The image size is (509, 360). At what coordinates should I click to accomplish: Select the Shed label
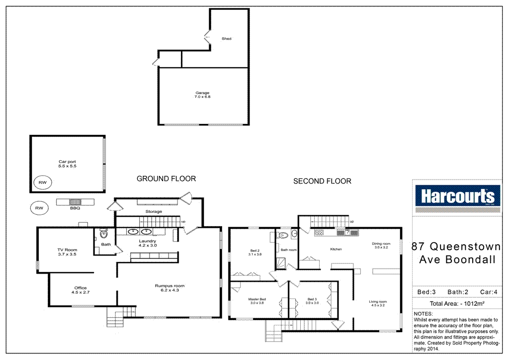click(226, 38)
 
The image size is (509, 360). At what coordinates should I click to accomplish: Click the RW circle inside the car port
click(42, 182)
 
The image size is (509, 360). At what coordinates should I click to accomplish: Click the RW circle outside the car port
click(38, 208)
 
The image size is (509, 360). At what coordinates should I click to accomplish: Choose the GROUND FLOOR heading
click(166, 179)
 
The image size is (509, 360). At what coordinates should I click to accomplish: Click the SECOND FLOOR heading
click(322, 181)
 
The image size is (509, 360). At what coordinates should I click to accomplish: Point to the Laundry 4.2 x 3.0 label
click(147, 243)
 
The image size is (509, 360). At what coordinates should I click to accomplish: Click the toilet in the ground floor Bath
click(103, 234)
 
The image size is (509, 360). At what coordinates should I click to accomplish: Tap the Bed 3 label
click(312, 301)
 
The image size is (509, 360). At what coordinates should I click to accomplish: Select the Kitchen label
click(337, 249)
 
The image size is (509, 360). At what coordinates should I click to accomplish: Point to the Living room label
click(378, 304)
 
